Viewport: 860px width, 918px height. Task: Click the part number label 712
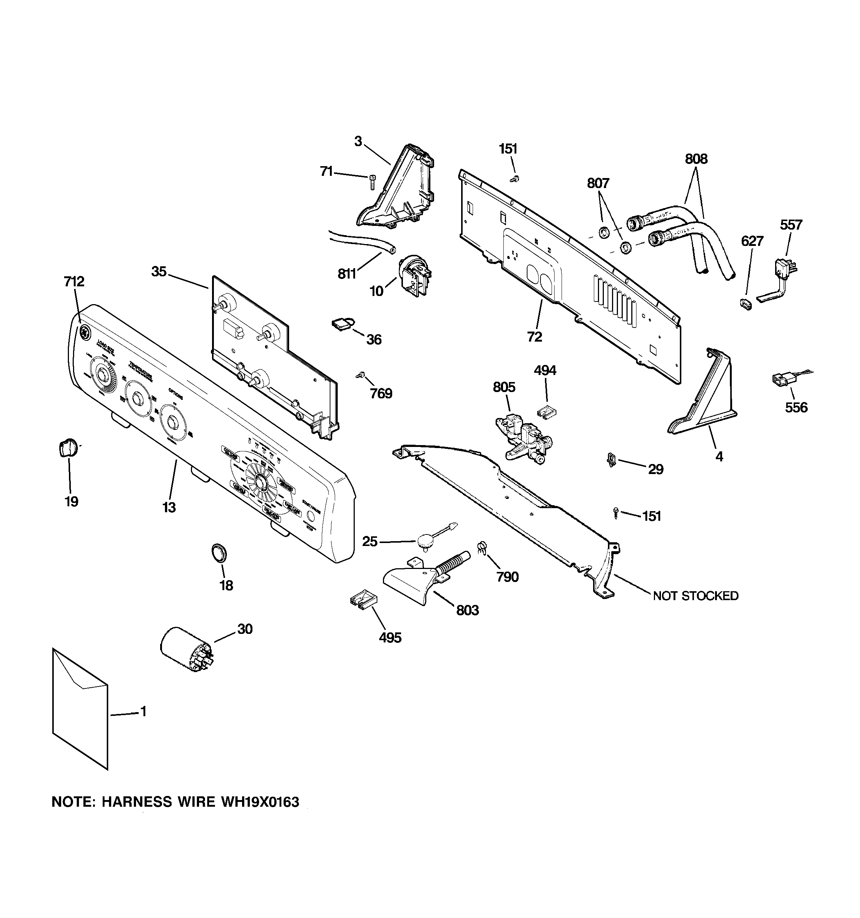74,281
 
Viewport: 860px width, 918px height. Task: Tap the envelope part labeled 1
80,711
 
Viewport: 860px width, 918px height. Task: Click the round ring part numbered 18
219,553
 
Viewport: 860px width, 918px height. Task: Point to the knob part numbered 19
67,448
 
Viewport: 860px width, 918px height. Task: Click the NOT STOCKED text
695,596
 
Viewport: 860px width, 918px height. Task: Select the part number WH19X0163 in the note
260,802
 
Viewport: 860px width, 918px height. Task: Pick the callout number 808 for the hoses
696,159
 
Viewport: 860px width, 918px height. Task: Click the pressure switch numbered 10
414,276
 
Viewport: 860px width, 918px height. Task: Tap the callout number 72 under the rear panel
534,337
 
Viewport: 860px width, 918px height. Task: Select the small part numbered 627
745,304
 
